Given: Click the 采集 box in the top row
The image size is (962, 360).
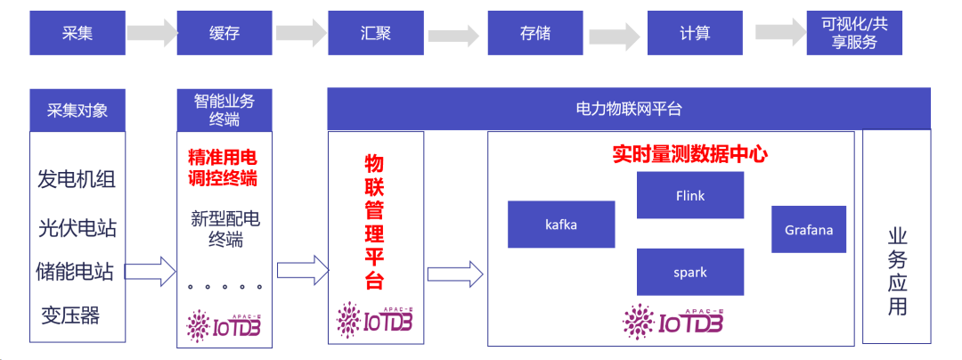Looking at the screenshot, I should click(77, 34).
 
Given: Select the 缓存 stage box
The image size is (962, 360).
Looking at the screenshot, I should click(223, 34).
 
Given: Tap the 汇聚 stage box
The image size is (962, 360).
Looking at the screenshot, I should click(375, 34).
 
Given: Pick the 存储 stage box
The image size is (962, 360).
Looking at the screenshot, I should click(534, 34).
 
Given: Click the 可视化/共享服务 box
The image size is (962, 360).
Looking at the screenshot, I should click(853, 34).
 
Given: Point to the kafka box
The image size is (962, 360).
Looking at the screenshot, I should click(561, 225).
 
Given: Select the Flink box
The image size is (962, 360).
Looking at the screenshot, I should click(690, 195).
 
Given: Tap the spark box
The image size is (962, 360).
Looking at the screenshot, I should click(690, 272).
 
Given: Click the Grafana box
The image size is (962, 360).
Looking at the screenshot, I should click(809, 230).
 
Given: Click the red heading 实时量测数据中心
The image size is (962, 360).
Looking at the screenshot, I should click(689, 153).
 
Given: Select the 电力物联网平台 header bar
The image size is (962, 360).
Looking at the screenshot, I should click(629, 109).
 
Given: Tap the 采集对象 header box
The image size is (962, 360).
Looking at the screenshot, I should click(77, 110).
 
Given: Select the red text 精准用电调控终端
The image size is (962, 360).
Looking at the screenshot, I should click(223, 168).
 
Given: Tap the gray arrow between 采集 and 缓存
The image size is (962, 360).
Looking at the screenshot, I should click(151, 34).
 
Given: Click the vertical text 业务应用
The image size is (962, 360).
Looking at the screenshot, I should click(897, 271).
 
